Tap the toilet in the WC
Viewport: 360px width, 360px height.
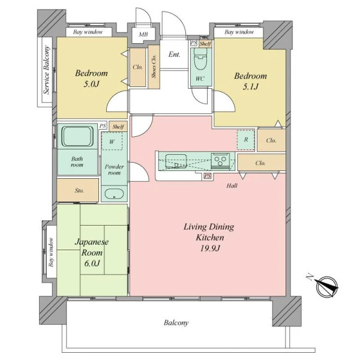(x=200, y=59)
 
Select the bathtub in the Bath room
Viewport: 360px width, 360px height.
(x=77, y=136)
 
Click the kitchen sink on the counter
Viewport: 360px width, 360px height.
(x=176, y=161)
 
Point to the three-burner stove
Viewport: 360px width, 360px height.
(x=220, y=160)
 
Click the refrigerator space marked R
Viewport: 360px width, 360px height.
(x=246, y=139)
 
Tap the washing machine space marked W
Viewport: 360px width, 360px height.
(x=112, y=141)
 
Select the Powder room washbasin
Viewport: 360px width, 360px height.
(x=114, y=194)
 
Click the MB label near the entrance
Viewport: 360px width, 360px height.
(x=143, y=34)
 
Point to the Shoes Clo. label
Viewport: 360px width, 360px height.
(x=154, y=67)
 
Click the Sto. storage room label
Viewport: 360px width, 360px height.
(x=79, y=190)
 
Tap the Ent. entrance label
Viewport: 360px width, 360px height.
(x=174, y=55)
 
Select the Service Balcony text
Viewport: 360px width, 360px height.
(x=47, y=70)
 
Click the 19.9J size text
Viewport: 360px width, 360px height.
(x=210, y=248)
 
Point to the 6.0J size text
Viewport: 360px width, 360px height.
(x=92, y=263)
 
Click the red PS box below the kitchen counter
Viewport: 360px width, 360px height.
(x=208, y=176)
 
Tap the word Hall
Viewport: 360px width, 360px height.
(x=232, y=185)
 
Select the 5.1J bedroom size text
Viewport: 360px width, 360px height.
(x=250, y=86)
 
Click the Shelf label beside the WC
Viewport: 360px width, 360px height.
(x=205, y=44)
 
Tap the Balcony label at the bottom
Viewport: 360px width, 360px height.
(x=176, y=323)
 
